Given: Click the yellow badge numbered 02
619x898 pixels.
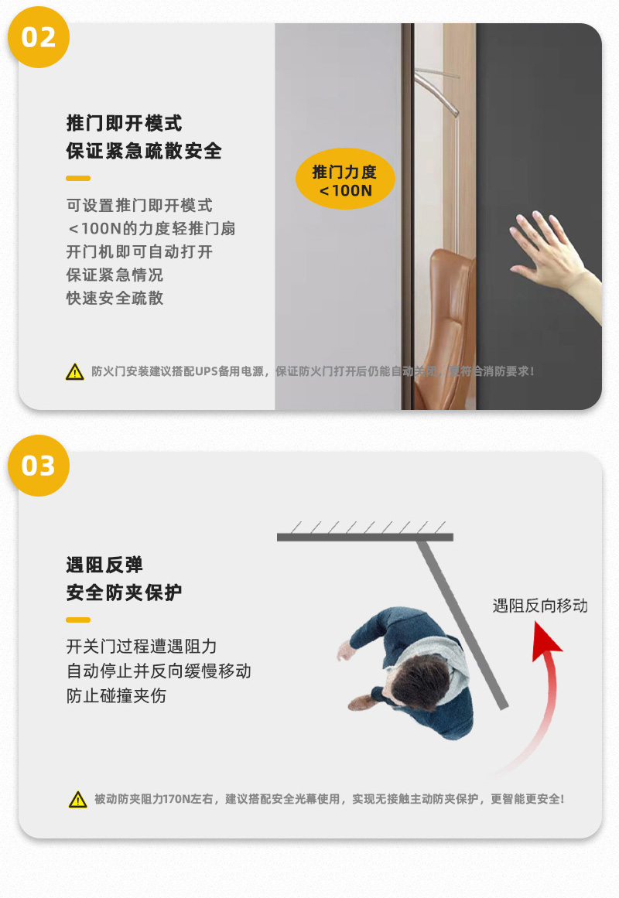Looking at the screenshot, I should (38, 36).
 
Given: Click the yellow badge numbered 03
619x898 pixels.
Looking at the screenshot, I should (38, 466).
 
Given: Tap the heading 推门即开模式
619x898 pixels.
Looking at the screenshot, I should (124, 123).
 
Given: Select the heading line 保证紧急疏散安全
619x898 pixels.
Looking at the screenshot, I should (144, 151).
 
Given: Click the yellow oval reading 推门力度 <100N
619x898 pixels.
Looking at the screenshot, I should (345, 180).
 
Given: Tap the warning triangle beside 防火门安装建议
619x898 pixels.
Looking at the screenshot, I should (74, 372).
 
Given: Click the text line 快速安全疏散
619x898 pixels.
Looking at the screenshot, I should (115, 298).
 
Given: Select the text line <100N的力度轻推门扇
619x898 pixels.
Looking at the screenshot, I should (151, 229).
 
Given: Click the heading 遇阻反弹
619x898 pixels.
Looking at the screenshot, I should (104, 565).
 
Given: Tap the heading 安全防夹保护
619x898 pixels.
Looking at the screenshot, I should (124, 592).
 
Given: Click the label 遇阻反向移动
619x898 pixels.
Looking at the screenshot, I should (540, 606).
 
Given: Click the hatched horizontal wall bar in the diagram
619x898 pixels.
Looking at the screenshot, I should (364, 535).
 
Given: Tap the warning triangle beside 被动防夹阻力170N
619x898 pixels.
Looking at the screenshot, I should (77, 800).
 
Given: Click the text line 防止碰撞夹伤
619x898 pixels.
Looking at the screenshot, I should (116, 695).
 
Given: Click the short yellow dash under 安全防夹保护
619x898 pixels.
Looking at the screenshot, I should (78, 620).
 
